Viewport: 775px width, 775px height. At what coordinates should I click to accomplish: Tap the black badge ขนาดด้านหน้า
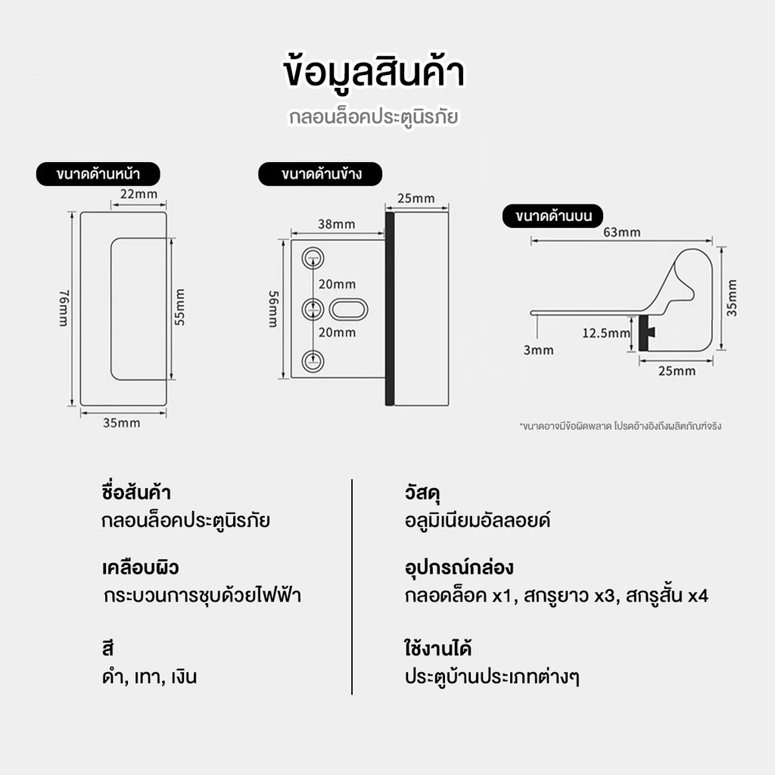(98, 174)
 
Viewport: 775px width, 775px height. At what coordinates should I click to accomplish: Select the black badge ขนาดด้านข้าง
(320, 174)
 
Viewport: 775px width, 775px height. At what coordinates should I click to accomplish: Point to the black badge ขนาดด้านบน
(553, 216)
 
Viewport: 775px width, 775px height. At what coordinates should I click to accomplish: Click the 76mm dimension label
(64, 309)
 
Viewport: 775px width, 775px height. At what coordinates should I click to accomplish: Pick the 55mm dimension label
(180, 307)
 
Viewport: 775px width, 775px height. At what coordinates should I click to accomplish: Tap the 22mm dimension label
(139, 194)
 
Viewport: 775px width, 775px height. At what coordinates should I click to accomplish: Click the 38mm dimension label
(337, 224)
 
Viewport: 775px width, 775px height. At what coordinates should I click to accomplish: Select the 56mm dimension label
(273, 310)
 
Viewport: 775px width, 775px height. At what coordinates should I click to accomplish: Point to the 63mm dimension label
(622, 232)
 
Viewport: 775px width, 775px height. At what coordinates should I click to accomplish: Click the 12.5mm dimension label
(606, 333)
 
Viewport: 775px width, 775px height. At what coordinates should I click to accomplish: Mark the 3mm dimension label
(539, 350)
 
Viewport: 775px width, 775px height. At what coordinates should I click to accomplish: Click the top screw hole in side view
(313, 258)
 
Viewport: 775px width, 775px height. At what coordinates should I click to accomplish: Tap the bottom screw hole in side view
(313, 361)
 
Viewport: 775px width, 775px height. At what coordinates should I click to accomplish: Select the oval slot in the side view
(348, 310)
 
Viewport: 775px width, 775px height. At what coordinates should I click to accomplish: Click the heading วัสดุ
(422, 493)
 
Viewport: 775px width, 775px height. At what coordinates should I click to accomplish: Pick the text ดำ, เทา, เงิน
(149, 677)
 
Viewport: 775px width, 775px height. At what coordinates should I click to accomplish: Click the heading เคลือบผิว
(140, 568)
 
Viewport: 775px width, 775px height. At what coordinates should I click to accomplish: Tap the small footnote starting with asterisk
(621, 426)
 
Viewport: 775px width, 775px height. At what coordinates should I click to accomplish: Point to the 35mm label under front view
(122, 423)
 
